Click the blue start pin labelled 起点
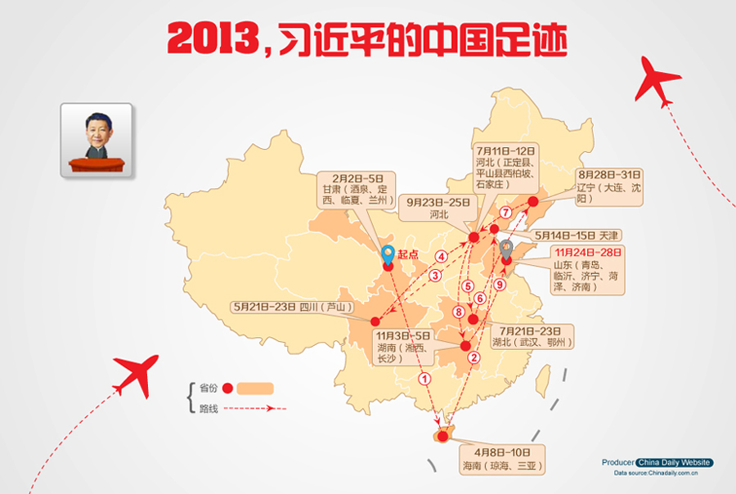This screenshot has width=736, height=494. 389,255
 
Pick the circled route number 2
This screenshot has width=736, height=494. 473,356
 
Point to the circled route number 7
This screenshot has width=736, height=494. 505,212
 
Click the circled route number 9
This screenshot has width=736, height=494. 499,285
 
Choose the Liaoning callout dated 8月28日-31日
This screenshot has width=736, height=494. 609,186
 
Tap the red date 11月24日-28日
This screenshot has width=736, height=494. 586,252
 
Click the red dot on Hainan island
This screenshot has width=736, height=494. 442,436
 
